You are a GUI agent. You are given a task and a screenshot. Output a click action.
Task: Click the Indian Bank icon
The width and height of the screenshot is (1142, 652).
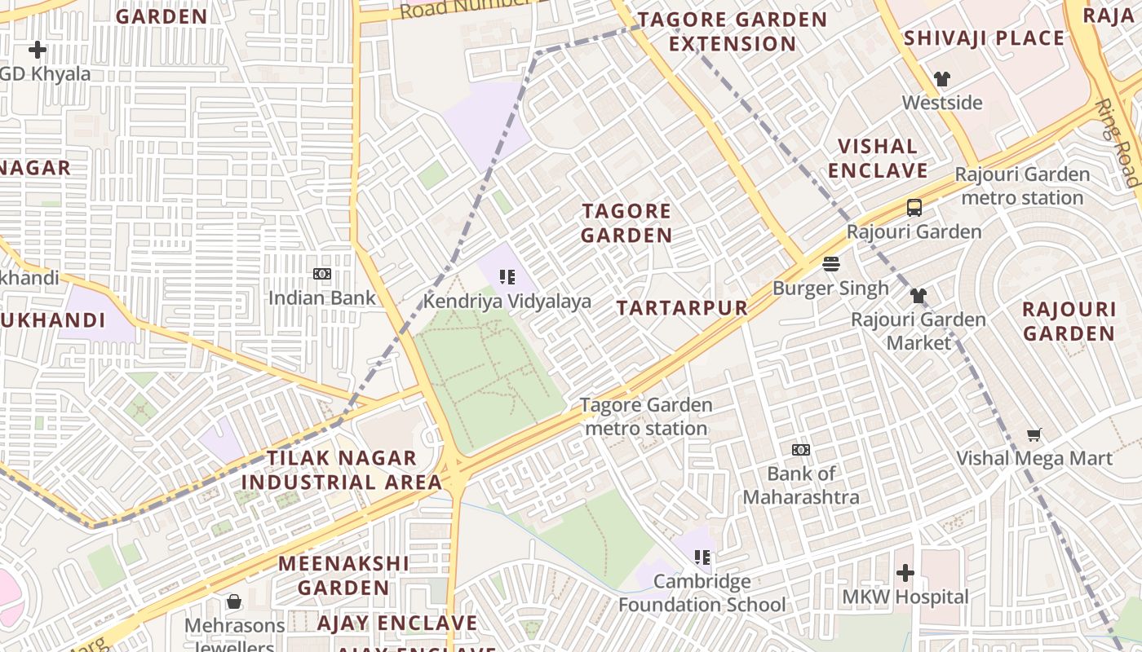click(x=322, y=274)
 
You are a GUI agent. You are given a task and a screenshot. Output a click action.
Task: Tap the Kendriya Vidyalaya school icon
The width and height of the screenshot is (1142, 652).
click(x=507, y=277)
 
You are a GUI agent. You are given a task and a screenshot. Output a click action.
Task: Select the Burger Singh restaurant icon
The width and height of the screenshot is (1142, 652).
click(x=830, y=264)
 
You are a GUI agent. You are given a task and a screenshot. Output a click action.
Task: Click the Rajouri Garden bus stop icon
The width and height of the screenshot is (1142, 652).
click(x=914, y=208)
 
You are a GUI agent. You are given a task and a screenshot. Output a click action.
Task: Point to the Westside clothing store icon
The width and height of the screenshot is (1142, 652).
click(x=942, y=79)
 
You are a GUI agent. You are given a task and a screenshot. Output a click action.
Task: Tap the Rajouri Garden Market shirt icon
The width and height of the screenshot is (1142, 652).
click(x=918, y=295)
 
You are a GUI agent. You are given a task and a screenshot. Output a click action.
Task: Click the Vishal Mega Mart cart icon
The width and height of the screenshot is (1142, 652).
click(x=1034, y=435)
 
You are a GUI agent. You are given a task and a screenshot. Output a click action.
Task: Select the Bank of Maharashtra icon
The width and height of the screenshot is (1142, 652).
click(x=801, y=450)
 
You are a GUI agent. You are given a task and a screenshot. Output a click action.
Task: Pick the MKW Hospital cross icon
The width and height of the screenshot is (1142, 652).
click(x=905, y=574)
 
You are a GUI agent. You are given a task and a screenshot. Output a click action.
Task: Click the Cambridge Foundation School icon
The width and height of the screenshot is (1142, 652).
click(x=702, y=558)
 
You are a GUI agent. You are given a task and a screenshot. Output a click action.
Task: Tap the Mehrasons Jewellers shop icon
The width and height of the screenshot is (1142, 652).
click(x=234, y=602)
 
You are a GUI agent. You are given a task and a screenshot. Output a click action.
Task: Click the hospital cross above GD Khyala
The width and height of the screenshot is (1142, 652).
click(x=37, y=51)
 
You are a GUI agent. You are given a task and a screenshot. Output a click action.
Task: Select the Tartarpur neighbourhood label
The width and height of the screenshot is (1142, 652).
click(x=682, y=308)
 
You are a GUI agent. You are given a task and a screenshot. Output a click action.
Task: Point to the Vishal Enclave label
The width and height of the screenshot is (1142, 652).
click(x=878, y=159)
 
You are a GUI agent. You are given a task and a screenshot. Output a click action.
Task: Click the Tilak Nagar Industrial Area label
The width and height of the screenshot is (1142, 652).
click(x=342, y=470)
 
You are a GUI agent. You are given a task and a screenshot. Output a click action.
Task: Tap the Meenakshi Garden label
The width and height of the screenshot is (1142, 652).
click(x=343, y=575)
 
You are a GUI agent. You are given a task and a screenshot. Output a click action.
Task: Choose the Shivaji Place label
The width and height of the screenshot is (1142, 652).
click(x=984, y=38)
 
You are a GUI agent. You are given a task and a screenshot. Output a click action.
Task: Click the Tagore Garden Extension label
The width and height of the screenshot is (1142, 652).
click(x=732, y=32)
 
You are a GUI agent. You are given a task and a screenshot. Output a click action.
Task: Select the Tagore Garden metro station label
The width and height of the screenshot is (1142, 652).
click(x=646, y=416)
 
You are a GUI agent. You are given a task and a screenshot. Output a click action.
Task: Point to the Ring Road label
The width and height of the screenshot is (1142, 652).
click(x=1117, y=143)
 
